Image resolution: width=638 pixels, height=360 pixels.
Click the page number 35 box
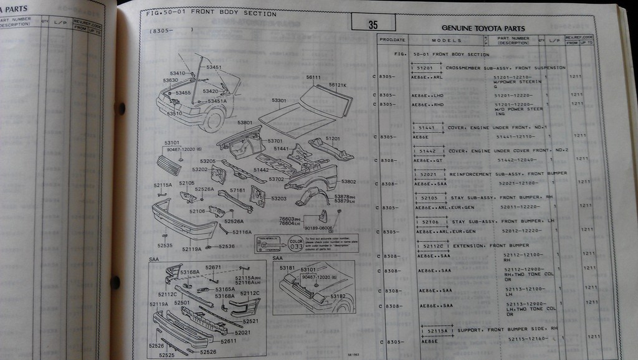point(373,24)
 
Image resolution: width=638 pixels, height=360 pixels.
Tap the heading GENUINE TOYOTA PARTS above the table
point(483,28)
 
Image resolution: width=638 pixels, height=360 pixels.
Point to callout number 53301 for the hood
point(279,100)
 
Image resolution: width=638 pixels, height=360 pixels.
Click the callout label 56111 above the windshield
point(313,77)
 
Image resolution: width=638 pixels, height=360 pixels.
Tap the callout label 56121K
point(338,85)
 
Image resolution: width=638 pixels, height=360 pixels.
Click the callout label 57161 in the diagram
point(237,190)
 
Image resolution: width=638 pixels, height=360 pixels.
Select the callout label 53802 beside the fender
point(348,182)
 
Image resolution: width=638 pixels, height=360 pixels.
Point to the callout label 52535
point(164,245)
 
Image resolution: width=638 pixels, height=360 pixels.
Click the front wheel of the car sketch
point(213,119)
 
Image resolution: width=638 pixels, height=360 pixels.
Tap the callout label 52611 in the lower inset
point(228,341)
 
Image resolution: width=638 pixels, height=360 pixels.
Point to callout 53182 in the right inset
point(338,296)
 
